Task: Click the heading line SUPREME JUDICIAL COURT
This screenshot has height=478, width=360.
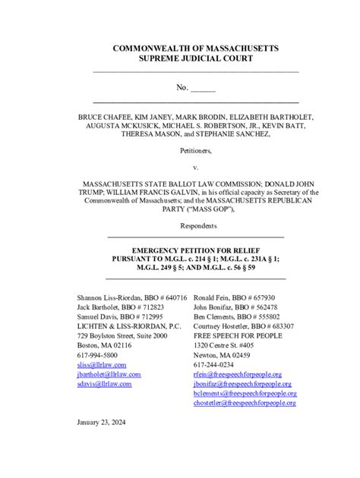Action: [x=195, y=59]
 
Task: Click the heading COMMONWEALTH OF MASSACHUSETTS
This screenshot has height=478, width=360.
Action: [x=195, y=49]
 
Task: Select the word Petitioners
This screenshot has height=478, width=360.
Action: [x=195, y=151]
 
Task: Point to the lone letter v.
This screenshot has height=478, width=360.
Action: [x=195, y=167]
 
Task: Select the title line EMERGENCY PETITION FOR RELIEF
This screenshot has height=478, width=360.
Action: [x=195, y=249]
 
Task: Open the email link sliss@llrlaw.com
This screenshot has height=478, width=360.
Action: [x=102, y=365]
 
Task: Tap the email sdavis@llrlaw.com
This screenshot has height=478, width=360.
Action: [x=104, y=384]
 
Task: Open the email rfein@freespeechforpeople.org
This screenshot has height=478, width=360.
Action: [x=238, y=375]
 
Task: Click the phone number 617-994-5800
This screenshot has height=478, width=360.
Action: [x=97, y=355]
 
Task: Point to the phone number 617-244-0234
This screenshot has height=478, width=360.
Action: [x=213, y=365]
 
